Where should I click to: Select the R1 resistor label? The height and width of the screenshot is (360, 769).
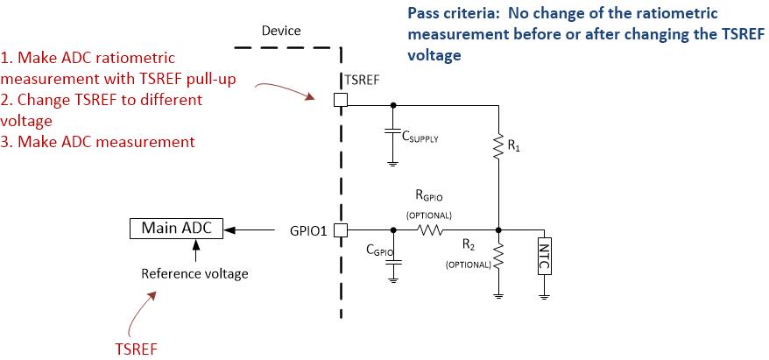(513, 147)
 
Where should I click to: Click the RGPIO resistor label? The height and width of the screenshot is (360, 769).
(429, 198)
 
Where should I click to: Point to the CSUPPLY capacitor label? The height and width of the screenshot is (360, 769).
(420, 138)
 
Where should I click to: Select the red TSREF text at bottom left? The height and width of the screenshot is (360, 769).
(136, 348)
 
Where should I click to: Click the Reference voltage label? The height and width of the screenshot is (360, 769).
(194, 273)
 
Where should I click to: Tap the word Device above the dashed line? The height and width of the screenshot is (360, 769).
(281, 31)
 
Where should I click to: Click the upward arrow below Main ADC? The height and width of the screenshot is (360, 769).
(196, 250)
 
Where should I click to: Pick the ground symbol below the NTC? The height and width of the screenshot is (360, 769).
(545, 294)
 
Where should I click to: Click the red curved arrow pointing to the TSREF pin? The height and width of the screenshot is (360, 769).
(286, 88)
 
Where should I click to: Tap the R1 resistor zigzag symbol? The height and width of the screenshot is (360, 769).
(497, 146)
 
